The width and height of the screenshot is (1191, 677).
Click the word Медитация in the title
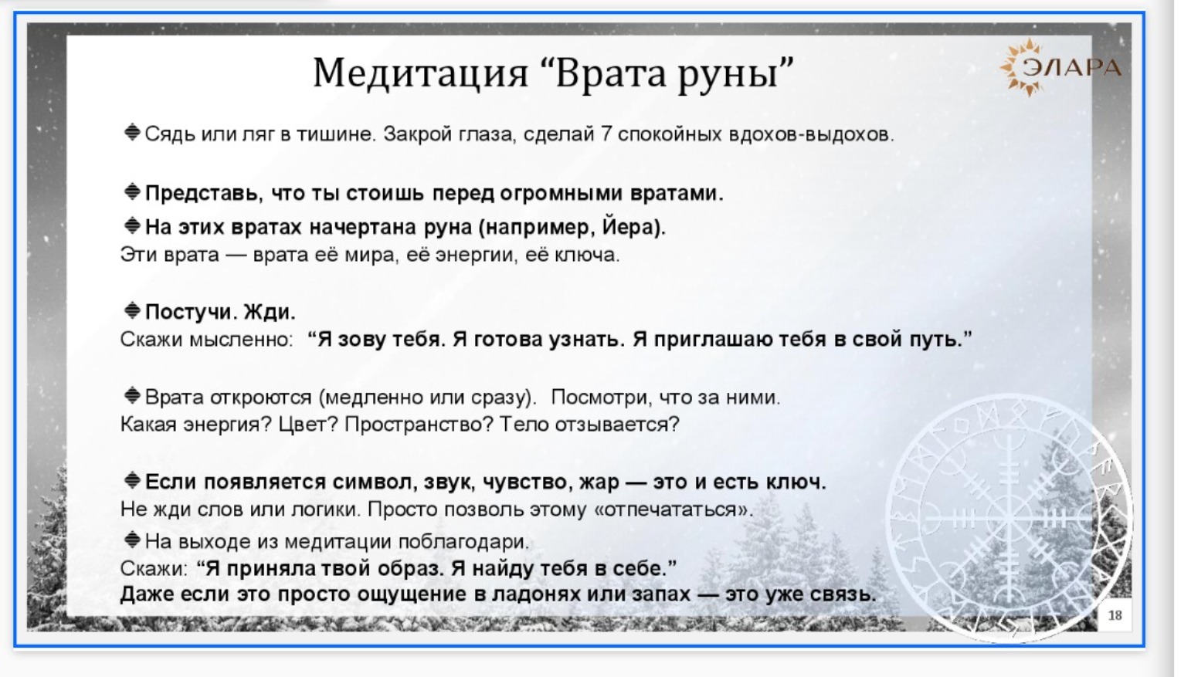(421, 73)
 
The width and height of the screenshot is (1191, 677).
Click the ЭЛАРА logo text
(1072, 67)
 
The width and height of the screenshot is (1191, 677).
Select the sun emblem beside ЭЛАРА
(1019, 67)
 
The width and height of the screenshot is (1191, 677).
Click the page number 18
(1115, 614)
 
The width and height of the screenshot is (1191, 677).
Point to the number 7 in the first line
(606, 134)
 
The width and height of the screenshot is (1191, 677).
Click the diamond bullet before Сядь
(132, 132)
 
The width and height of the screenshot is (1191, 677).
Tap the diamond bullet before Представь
(132, 191)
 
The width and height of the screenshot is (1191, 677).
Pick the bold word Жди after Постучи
(269, 312)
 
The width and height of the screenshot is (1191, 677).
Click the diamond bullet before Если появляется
(132, 480)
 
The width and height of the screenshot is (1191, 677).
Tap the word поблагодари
(463, 541)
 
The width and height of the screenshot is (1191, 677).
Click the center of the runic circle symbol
(1008, 517)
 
